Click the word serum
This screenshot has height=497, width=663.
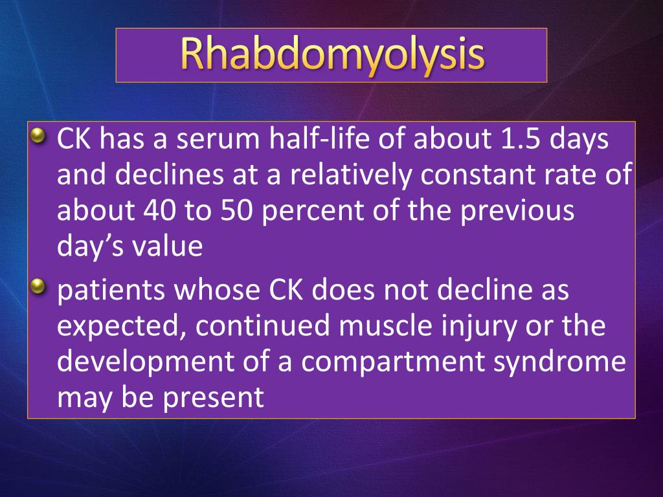click(211, 140)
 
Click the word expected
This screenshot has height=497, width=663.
click(116, 327)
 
